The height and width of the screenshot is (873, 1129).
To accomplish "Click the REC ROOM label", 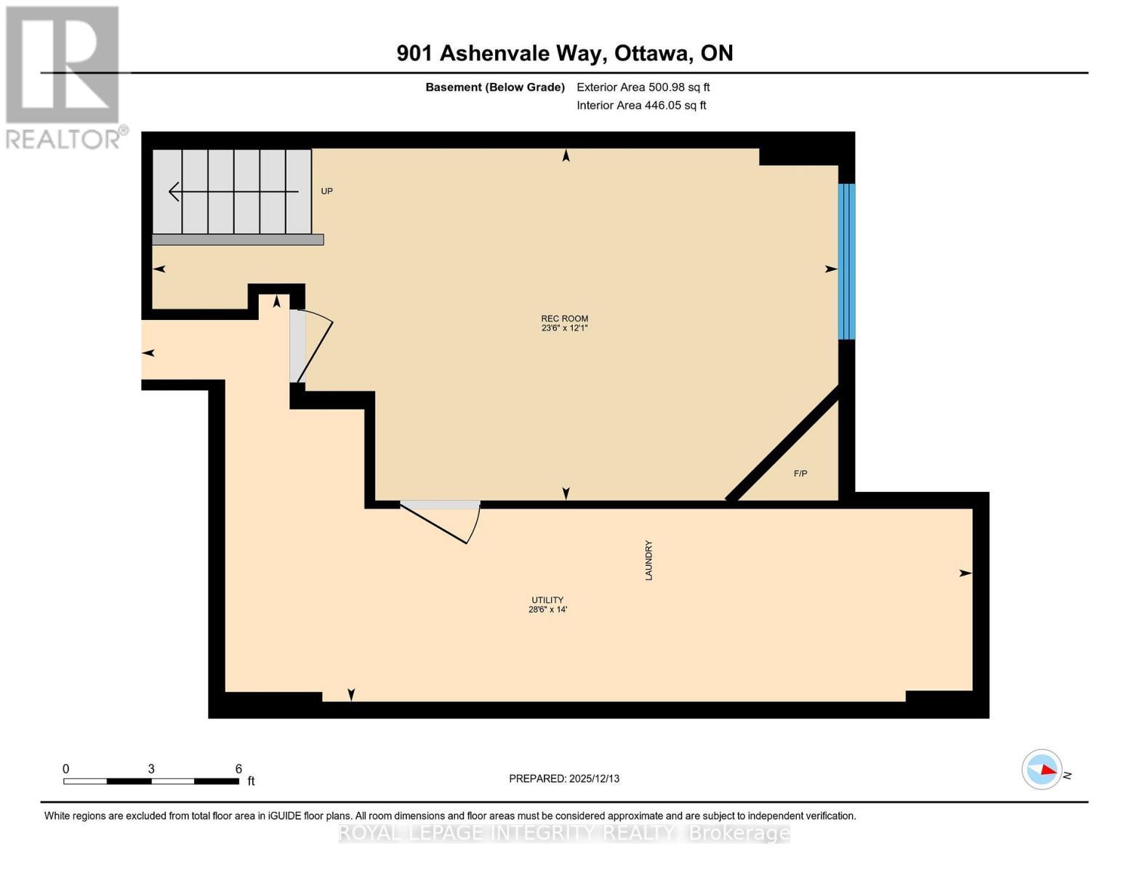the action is (564, 318).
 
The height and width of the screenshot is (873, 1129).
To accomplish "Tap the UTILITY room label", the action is (547, 599).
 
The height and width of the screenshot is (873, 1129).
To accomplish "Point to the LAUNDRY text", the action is (648, 560).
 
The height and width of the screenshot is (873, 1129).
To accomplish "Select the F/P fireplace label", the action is (800, 473).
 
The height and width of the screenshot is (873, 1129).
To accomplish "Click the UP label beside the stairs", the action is (326, 191).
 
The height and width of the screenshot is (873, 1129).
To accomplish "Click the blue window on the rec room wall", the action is (846, 261).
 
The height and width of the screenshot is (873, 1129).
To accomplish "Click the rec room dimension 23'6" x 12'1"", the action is (564, 328).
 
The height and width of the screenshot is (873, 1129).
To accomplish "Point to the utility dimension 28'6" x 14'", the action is (547, 610).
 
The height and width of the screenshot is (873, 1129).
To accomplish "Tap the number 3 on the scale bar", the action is (151, 768).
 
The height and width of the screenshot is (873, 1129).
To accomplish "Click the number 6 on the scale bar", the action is (238, 768).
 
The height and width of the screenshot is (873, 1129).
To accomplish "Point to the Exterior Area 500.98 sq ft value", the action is (643, 87).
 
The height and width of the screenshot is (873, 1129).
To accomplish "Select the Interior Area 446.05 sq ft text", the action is (641, 105).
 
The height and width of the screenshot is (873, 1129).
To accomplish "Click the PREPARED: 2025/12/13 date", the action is (564, 778).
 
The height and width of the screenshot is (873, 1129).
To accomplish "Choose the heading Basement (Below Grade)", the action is (495, 87).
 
